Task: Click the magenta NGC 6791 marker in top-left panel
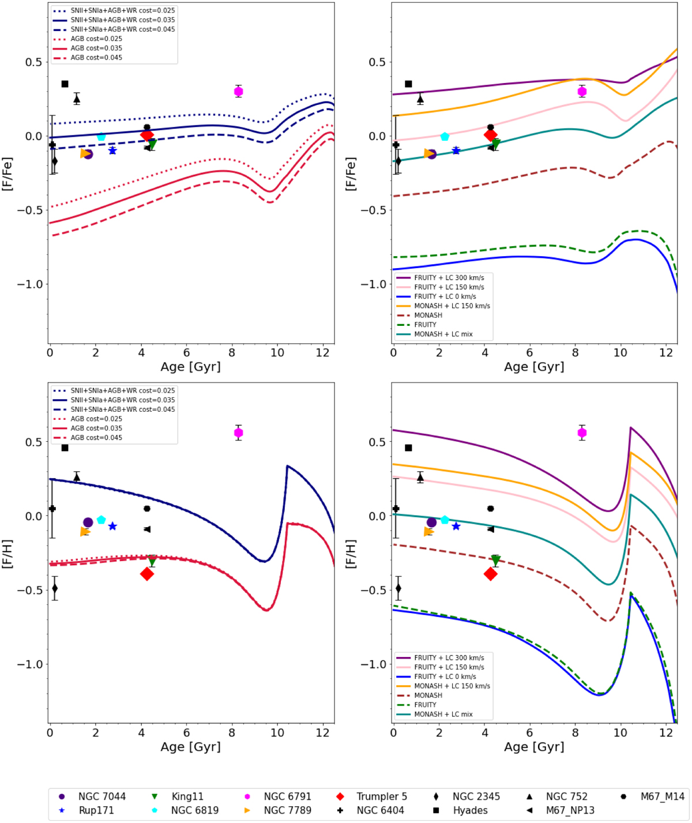(x=239, y=91)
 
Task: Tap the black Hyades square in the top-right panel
(x=408, y=84)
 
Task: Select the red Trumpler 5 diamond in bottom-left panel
(x=147, y=574)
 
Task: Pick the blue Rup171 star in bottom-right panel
(x=456, y=526)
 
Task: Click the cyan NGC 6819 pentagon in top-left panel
(x=101, y=137)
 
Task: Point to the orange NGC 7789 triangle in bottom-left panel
(x=85, y=532)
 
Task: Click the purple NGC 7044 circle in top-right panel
(x=431, y=154)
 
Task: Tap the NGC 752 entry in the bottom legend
(x=566, y=796)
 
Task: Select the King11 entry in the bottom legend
(x=187, y=796)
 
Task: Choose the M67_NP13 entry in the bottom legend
(x=570, y=810)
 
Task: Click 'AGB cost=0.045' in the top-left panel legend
(x=96, y=58)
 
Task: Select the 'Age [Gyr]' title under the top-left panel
(x=190, y=367)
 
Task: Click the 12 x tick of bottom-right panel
(x=665, y=732)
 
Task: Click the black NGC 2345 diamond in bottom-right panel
(x=398, y=588)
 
